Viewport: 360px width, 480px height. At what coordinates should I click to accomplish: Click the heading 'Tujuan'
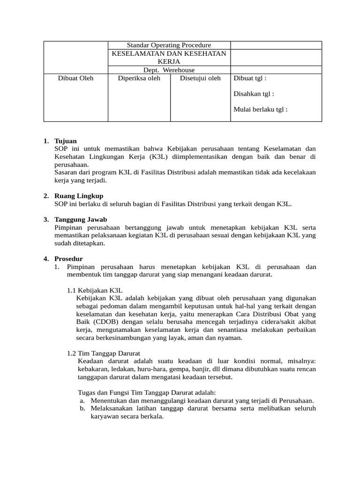point(66,141)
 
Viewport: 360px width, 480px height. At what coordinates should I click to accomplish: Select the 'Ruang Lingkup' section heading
point(79,195)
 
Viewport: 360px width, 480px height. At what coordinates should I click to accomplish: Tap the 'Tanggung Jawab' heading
point(81,219)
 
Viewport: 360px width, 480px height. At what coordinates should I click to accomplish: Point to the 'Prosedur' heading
point(68,259)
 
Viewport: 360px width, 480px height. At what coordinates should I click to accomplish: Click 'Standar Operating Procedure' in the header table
point(169,45)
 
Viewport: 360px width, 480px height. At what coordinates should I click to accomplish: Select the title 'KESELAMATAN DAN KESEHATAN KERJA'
point(169,57)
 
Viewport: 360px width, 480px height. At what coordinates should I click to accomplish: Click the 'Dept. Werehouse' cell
point(169,70)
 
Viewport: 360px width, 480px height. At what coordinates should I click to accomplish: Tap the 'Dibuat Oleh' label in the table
point(76,78)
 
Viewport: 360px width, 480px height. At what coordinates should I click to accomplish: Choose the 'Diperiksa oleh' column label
point(139,78)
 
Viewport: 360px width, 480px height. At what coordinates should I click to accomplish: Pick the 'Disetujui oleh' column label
point(200,78)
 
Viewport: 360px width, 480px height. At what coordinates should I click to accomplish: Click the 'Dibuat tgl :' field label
point(249,78)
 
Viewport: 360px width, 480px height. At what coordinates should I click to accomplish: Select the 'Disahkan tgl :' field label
point(254,94)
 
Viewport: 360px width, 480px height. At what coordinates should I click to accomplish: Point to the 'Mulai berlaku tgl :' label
point(260,109)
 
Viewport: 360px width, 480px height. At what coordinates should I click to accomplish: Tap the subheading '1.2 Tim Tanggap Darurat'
point(104,353)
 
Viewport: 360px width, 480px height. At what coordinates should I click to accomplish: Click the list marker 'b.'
point(82,408)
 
